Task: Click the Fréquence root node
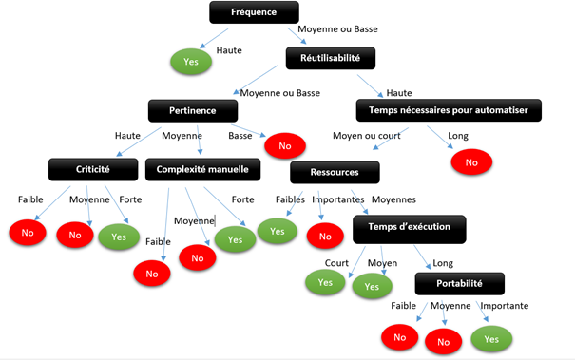click(254, 12)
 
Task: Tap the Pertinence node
click(194, 110)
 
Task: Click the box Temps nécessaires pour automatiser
click(449, 110)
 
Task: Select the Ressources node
click(335, 172)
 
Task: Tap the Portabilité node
click(460, 283)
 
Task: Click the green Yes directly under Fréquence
click(190, 62)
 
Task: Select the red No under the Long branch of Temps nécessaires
click(472, 162)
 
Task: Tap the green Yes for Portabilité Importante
click(491, 337)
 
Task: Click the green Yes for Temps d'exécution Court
click(324, 281)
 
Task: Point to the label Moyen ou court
click(360, 135)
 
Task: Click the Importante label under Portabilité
click(504, 306)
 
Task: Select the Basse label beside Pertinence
click(240, 135)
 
